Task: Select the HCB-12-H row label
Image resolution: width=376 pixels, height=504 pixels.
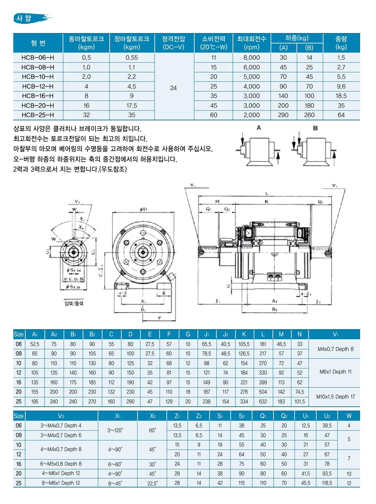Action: tap(38, 86)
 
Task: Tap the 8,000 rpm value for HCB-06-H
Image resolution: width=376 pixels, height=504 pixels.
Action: tap(252, 57)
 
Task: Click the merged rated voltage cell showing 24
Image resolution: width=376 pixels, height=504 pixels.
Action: tap(174, 88)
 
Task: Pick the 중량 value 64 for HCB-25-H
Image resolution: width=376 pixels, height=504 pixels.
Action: tap(341, 115)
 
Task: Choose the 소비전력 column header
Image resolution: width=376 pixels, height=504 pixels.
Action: tap(213, 43)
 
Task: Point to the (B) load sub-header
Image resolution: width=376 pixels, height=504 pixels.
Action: tap(309, 48)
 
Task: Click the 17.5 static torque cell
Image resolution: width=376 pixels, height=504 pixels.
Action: tap(132, 105)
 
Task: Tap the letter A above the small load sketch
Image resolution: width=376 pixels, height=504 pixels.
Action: tap(259, 128)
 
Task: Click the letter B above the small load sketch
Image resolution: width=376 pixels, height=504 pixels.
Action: tap(315, 128)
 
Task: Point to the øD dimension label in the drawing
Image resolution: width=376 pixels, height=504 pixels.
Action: tap(143, 209)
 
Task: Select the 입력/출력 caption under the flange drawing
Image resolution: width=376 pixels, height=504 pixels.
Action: tap(73, 303)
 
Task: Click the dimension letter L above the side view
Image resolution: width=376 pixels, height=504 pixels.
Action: tap(267, 194)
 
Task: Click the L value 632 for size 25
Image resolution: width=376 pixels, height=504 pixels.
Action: tap(263, 402)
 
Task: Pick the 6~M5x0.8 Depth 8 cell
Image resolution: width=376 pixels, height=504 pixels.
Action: tap(62, 464)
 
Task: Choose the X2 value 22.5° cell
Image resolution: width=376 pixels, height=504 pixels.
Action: tap(152, 483)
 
